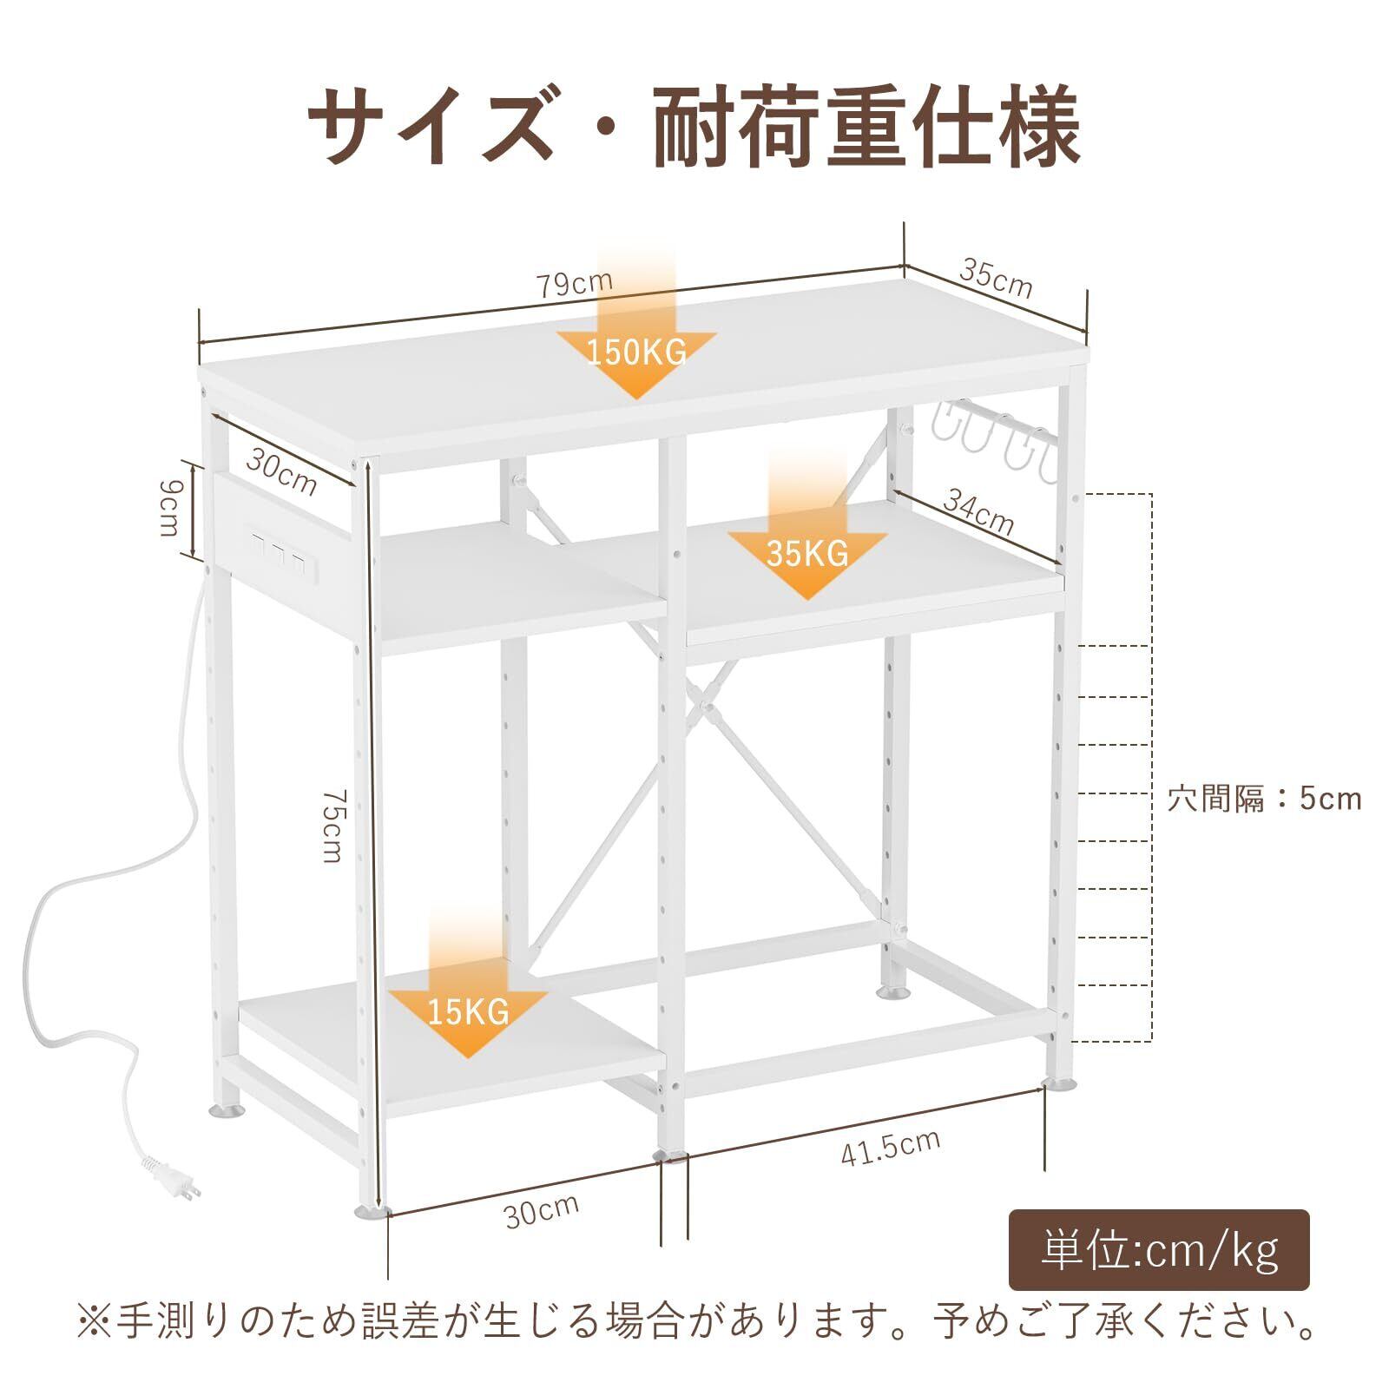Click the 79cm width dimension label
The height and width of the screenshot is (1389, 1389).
[x=574, y=283]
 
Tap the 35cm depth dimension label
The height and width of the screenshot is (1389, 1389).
[x=996, y=277]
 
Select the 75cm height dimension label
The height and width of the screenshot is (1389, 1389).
[x=332, y=825]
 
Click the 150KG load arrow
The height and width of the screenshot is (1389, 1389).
[x=636, y=347]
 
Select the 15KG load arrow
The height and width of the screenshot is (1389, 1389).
[x=467, y=1007]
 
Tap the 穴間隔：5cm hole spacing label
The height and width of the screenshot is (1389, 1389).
[x=1263, y=798]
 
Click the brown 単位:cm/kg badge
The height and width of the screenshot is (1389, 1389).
[x=1159, y=1250]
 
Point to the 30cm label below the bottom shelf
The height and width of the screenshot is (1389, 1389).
[x=542, y=1210]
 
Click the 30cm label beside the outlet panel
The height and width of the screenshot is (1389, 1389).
[x=280, y=472]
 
